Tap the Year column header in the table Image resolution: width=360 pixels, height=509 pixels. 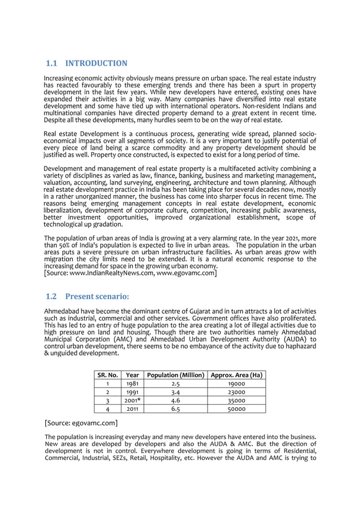[x=133, y=375]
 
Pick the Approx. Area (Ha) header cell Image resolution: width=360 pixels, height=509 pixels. [x=236, y=375]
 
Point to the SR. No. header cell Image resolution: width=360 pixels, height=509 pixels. [x=107, y=375]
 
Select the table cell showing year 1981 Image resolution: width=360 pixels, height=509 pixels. [x=133, y=383]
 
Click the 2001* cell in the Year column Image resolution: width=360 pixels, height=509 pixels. [x=133, y=400]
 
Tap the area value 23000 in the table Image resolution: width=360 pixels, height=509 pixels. [x=236, y=392]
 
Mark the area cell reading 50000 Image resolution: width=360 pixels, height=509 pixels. [x=236, y=409]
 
